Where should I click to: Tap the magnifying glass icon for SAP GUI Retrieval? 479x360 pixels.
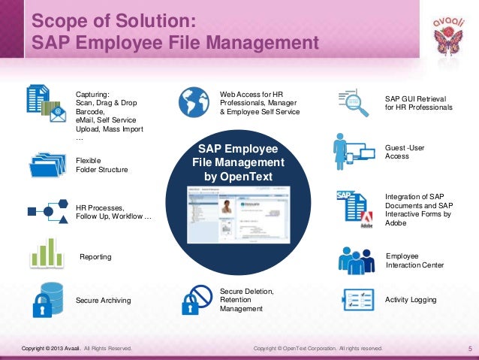coord(357,103)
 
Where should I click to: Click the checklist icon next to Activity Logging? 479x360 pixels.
coord(357,299)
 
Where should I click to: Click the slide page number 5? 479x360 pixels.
coord(468,349)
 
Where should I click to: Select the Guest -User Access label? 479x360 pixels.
coord(405,152)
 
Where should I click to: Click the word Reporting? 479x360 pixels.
coord(95,257)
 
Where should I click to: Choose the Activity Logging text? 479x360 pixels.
coord(410,300)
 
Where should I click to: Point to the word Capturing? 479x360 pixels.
coord(92,94)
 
